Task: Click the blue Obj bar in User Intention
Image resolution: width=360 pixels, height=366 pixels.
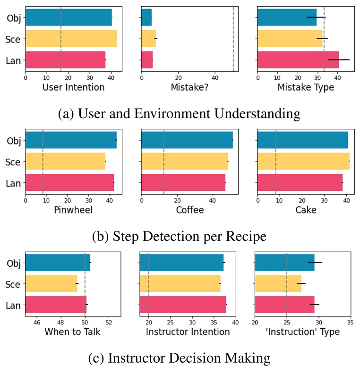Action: coord(69,17)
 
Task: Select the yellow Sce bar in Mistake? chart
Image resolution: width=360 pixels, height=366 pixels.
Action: coord(148,38)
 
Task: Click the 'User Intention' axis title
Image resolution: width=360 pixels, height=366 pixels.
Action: coord(73,87)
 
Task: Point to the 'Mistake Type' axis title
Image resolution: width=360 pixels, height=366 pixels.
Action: coord(305,87)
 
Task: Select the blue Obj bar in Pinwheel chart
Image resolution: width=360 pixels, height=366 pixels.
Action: coord(71,140)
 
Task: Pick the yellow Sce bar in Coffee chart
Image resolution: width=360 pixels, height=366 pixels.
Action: coord(184,161)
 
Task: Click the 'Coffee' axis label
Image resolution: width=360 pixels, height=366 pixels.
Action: coord(189,210)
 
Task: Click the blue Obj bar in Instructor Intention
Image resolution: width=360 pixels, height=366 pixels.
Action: coord(181,263)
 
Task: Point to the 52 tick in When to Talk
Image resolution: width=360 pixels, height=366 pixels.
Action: coord(108,322)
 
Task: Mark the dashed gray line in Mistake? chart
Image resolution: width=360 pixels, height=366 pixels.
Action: coord(233,38)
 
